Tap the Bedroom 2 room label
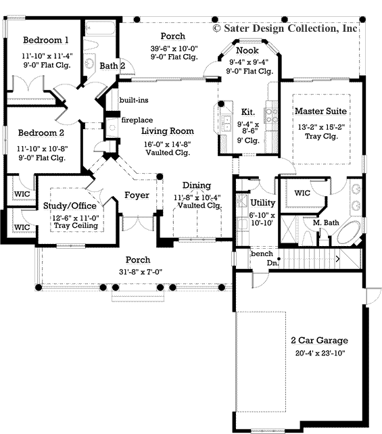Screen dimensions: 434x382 pos(42,132)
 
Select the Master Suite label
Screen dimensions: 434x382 pos(321,110)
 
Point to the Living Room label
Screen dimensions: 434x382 pos(168,131)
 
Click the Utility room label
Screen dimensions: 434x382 pos(262,202)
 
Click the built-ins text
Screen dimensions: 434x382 pos(134,100)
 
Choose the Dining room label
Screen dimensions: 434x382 pos(196,185)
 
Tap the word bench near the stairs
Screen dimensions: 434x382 pos(261,254)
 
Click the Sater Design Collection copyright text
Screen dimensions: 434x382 pos(285,28)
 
